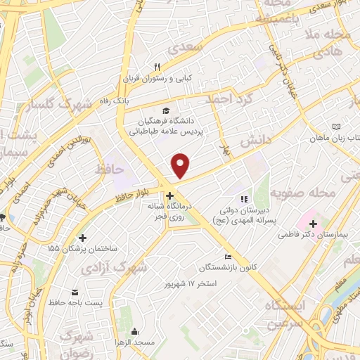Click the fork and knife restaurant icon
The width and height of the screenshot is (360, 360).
point(158,67)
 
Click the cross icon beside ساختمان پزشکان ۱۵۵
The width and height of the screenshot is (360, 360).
point(84,238)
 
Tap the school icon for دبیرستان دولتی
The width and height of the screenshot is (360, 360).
point(245,200)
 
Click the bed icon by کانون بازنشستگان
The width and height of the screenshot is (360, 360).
point(226,257)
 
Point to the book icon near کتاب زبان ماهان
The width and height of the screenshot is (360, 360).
point(336,127)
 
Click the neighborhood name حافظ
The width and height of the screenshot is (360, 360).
point(108,169)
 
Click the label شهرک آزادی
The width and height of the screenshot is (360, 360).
point(124,267)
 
